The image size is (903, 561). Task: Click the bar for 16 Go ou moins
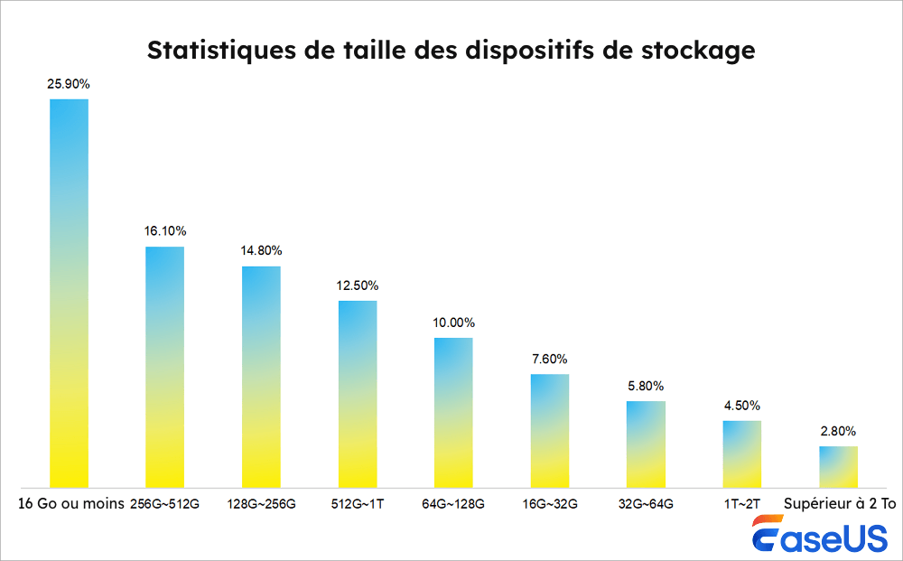[x=69, y=293]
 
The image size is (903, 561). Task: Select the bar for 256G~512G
[x=164, y=366]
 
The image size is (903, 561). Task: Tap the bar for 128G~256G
[x=261, y=376]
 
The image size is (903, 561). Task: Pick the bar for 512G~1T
[x=358, y=393]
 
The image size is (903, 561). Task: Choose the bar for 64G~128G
[x=453, y=412]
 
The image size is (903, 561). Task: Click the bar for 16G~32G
[x=550, y=430]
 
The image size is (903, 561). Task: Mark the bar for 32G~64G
[x=646, y=444]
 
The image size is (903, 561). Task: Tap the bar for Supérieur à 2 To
[x=838, y=466]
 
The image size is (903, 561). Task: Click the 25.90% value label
[x=69, y=84]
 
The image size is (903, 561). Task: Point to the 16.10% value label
[x=164, y=231]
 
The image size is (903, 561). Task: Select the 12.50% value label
[x=358, y=285]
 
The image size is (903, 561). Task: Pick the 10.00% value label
[x=453, y=323]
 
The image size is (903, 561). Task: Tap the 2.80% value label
[x=838, y=431]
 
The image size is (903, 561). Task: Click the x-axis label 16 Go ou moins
[x=69, y=503]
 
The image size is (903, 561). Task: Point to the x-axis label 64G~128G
[x=453, y=503]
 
